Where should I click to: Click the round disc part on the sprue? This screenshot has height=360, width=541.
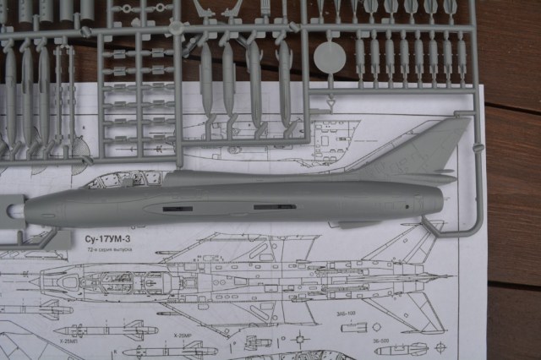(330, 57)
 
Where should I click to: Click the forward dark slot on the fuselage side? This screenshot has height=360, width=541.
(178, 208)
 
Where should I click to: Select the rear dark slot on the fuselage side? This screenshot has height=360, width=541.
(274, 206)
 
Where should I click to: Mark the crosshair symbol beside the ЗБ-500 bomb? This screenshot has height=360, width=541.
(440, 347)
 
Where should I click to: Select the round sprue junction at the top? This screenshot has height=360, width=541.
(177, 28)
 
